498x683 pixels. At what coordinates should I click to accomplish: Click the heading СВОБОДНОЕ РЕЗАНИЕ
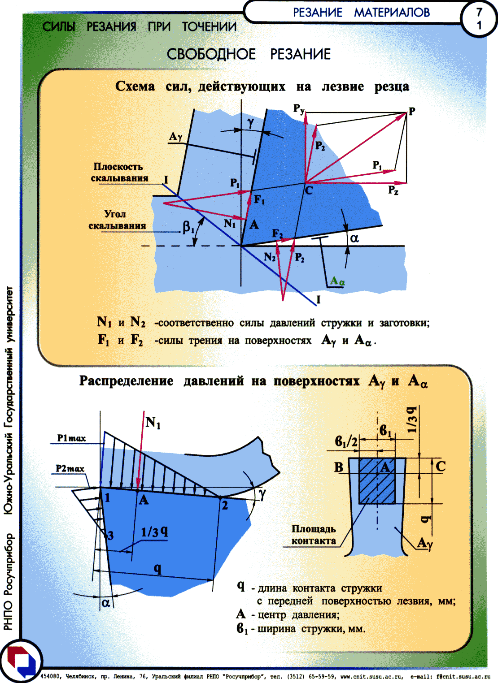(x=249, y=54)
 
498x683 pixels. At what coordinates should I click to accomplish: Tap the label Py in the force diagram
(x=299, y=109)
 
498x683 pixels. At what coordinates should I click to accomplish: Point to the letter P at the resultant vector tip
(x=412, y=111)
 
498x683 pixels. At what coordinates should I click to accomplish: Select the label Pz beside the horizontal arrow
(x=393, y=190)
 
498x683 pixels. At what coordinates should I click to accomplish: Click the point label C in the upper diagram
(x=309, y=190)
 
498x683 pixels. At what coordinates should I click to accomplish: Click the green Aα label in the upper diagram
(x=338, y=281)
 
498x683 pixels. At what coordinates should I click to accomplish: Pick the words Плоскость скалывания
(x=119, y=172)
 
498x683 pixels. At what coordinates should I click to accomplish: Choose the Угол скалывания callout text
(x=117, y=220)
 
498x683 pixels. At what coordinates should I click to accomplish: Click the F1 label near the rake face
(x=259, y=199)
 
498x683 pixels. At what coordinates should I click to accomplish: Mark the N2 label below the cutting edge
(x=270, y=257)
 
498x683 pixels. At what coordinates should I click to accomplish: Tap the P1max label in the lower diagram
(x=72, y=438)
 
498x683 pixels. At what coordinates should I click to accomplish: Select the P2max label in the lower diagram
(x=70, y=468)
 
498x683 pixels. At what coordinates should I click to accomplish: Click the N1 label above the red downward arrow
(x=153, y=423)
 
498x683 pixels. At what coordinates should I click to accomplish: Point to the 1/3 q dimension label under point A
(x=154, y=532)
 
